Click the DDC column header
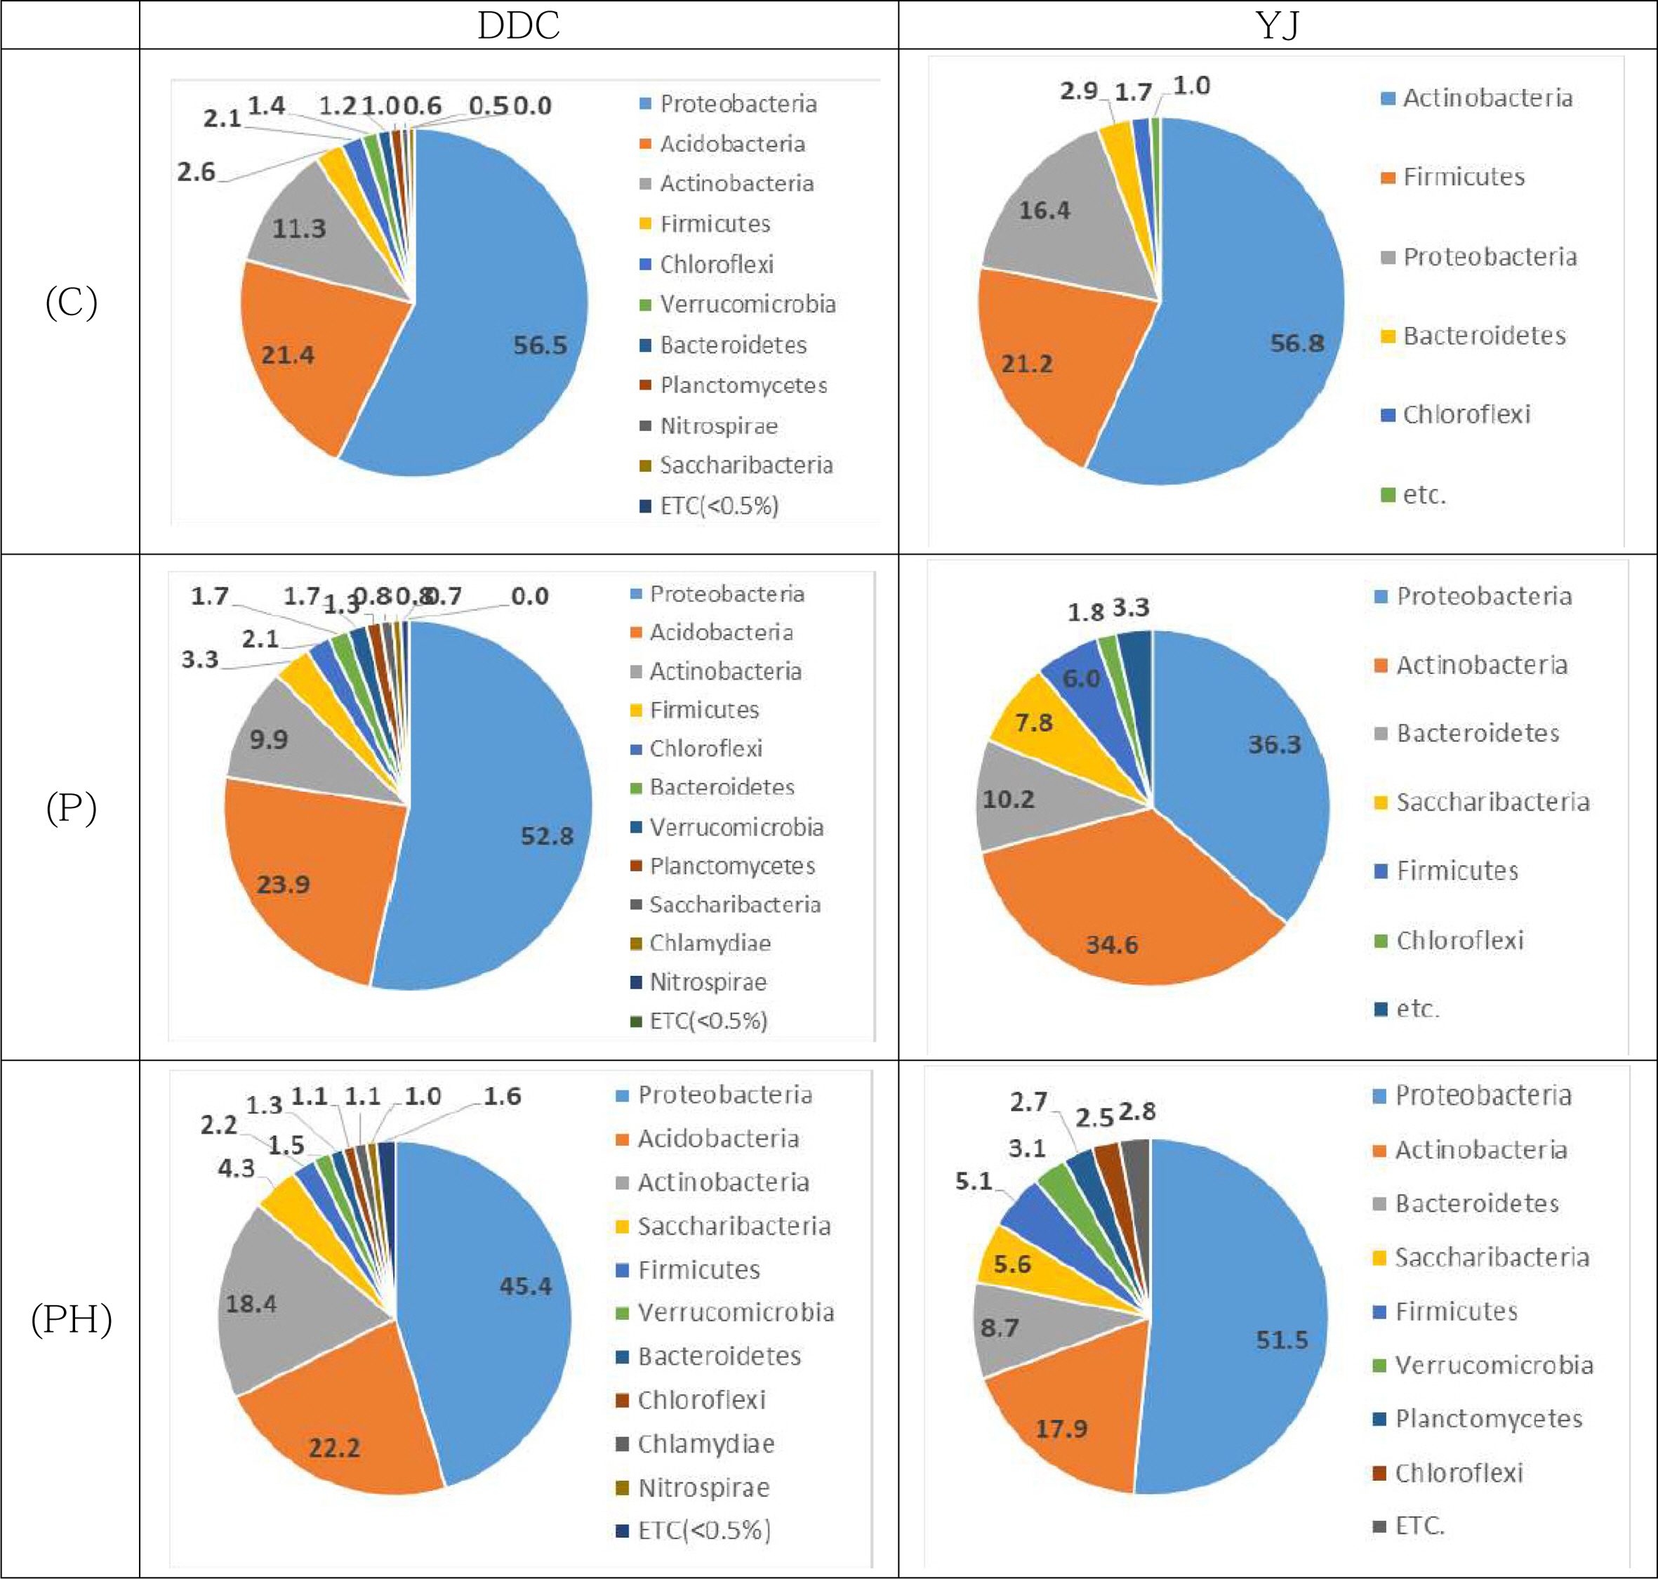519,25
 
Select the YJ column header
1277,25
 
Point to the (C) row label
72,302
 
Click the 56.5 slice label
540,345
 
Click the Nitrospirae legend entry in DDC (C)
718,426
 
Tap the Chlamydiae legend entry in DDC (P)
710,943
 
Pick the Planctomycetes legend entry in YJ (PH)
1488,1418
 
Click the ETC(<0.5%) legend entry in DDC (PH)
703,1529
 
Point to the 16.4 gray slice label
1044,211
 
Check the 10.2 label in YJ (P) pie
1008,799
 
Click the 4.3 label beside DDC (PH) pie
236,1168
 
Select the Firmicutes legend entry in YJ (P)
1457,871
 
